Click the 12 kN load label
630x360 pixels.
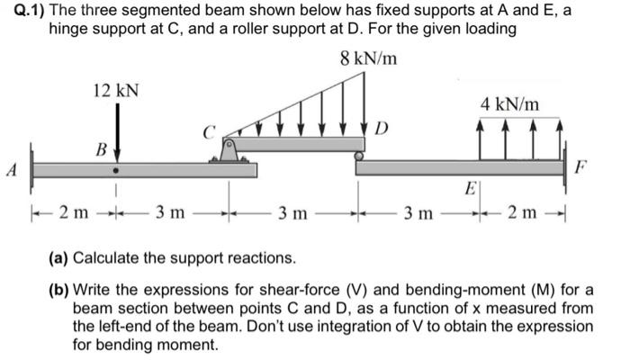(x=116, y=90)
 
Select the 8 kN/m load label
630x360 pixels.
(x=370, y=60)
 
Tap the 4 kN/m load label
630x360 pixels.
(x=510, y=104)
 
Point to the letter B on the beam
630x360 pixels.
(x=102, y=148)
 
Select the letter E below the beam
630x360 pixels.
(x=469, y=190)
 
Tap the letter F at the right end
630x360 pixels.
(x=581, y=166)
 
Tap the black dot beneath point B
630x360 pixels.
(x=115, y=168)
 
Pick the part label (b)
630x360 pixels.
(x=58, y=289)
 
